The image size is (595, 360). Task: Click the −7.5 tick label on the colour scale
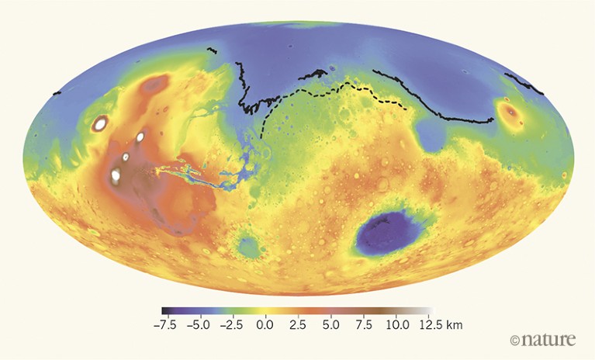coord(166,324)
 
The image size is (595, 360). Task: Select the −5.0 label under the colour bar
coord(199,324)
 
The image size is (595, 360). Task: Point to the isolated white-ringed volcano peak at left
coord(100,123)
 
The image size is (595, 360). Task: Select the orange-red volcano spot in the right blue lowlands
coord(510,114)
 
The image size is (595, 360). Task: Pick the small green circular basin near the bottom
coord(247,245)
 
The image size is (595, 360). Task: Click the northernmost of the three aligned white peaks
coord(140,137)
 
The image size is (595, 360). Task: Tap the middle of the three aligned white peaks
coord(126,157)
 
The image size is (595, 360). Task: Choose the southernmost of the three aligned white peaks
coord(116,175)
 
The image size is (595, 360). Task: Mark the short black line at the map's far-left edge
coord(56,93)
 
